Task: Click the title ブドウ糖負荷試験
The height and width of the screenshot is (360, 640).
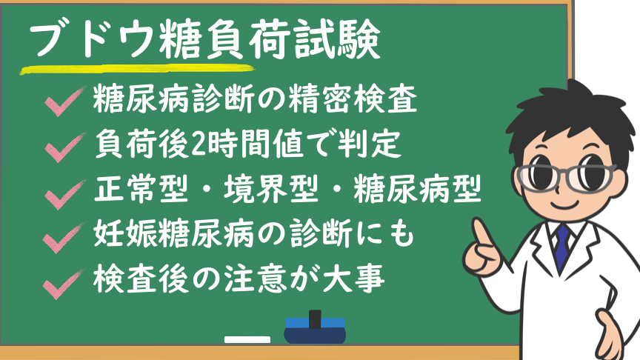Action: click(x=204, y=39)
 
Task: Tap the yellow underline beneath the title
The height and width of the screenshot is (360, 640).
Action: click(x=138, y=70)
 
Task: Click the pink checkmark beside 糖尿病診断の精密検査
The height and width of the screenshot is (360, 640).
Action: click(x=64, y=101)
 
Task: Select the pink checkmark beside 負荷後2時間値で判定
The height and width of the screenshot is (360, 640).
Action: click(x=64, y=147)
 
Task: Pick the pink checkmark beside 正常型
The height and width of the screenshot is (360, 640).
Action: click(x=64, y=194)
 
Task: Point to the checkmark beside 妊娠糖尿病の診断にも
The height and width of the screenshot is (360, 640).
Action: click(x=64, y=238)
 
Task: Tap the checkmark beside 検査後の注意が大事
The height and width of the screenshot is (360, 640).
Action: click(x=64, y=284)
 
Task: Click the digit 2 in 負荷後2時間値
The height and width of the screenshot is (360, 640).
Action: click(x=199, y=144)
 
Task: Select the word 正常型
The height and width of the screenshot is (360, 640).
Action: click(x=141, y=189)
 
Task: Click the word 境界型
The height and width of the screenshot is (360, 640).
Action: click(x=271, y=189)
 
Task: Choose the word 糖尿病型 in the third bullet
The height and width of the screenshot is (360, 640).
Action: click(x=418, y=189)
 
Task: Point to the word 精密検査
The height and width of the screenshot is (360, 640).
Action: click(x=353, y=99)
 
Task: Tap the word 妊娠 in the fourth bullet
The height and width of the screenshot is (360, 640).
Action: click(x=125, y=234)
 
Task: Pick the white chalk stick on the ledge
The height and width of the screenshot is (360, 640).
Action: click(x=247, y=339)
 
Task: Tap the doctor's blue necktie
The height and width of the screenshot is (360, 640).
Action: click(x=562, y=247)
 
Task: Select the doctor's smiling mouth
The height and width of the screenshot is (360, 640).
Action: click(x=566, y=204)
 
